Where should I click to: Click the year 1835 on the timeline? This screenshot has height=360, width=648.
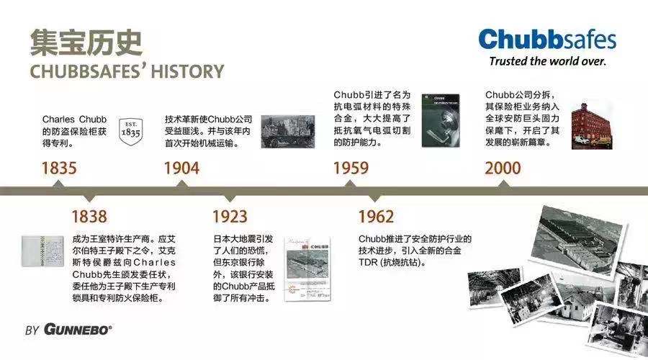(x=59, y=168)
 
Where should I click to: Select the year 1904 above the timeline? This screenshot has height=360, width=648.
(x=182, y=168)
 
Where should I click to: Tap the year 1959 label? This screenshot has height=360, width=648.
(x=351, y=168)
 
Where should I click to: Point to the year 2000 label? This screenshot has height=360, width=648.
(x=503, y=168)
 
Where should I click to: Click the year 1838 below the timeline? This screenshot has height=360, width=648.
(x=89, y=217)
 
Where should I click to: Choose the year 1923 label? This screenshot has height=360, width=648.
(x=230, y=217)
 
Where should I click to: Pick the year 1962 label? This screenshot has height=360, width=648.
(x=376, y=217)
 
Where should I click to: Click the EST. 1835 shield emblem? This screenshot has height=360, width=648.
(x=130, y=131)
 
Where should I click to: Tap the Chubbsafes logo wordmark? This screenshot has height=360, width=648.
(x=547, y=40)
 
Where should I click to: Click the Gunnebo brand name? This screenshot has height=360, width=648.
(x=78, y=330)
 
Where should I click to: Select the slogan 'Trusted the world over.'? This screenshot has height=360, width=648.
(x=548, y=61)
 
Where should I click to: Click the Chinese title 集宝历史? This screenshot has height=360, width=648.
(x=86, y=42)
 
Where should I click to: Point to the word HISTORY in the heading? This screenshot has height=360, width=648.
(x=187, y=71)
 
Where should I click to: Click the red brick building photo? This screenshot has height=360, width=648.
(x=591, y=126)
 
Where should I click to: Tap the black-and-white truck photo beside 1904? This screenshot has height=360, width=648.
(x=287, y=132)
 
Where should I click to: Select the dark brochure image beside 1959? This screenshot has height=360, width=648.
(x=441, y=121)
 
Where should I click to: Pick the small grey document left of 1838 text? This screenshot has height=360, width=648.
(x=42, y=251)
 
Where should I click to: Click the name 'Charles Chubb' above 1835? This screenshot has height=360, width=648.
(x=74, y=120)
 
